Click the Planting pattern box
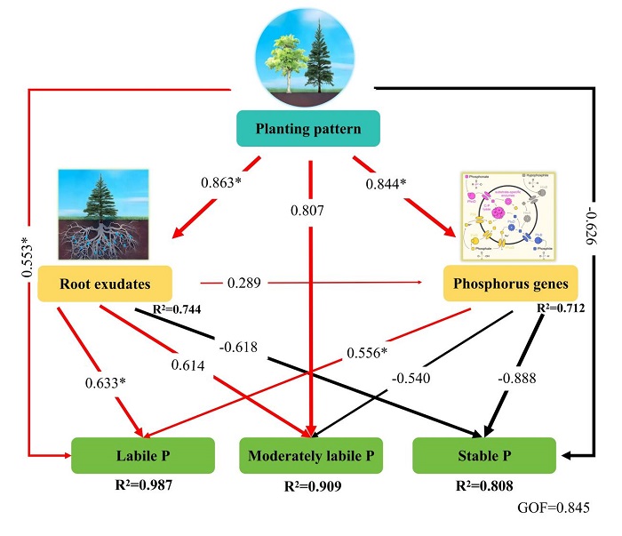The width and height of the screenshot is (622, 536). (x=307, y=129)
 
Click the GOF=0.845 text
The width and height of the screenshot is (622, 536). (x=551, y=509)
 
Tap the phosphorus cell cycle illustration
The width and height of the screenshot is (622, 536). (x=501, y=217)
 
